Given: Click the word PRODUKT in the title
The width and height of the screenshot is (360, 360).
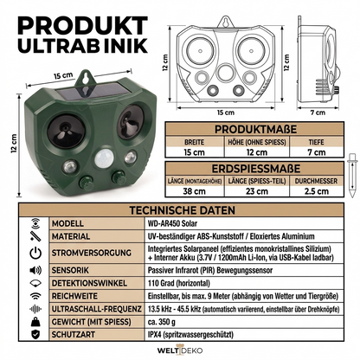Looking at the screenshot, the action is [x=82, y=26].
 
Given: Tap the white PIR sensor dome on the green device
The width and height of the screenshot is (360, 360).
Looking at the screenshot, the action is [x=104, y=158].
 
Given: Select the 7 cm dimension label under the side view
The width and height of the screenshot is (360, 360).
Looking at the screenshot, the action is [x=318, y=112].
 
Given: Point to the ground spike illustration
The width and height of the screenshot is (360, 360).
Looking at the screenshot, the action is [x=352, y=176].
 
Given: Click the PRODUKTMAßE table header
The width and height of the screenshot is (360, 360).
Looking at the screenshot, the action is [x=255, y=129].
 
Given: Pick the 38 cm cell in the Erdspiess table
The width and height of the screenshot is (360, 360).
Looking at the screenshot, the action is [x=194, y=191].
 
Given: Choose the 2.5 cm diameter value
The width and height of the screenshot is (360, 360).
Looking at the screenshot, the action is [x=317, y=191].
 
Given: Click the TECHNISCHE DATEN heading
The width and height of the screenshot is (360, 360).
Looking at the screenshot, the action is [x=182, y=210].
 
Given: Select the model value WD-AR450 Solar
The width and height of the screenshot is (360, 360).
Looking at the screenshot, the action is [x=172, y=223].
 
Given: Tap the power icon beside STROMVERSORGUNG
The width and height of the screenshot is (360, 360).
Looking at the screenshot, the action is [x=35, y=253].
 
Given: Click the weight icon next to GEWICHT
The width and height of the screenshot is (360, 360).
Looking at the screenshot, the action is [x=35, y=322].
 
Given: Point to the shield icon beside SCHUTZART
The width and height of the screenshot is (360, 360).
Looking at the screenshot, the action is [x=35, y=335].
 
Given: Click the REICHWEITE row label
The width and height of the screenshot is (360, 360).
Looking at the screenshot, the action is [x=74, y=296].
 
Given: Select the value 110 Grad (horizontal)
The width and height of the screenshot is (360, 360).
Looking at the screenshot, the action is [x=179, y=283].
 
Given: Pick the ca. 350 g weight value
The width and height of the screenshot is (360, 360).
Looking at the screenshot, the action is [x=162, y=322].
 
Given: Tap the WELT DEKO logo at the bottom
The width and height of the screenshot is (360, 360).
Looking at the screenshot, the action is [x=180, y=350].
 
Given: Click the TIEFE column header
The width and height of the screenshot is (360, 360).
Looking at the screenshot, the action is [x=316, y=142].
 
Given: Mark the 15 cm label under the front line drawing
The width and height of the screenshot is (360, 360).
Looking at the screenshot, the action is [x=226, y=112].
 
